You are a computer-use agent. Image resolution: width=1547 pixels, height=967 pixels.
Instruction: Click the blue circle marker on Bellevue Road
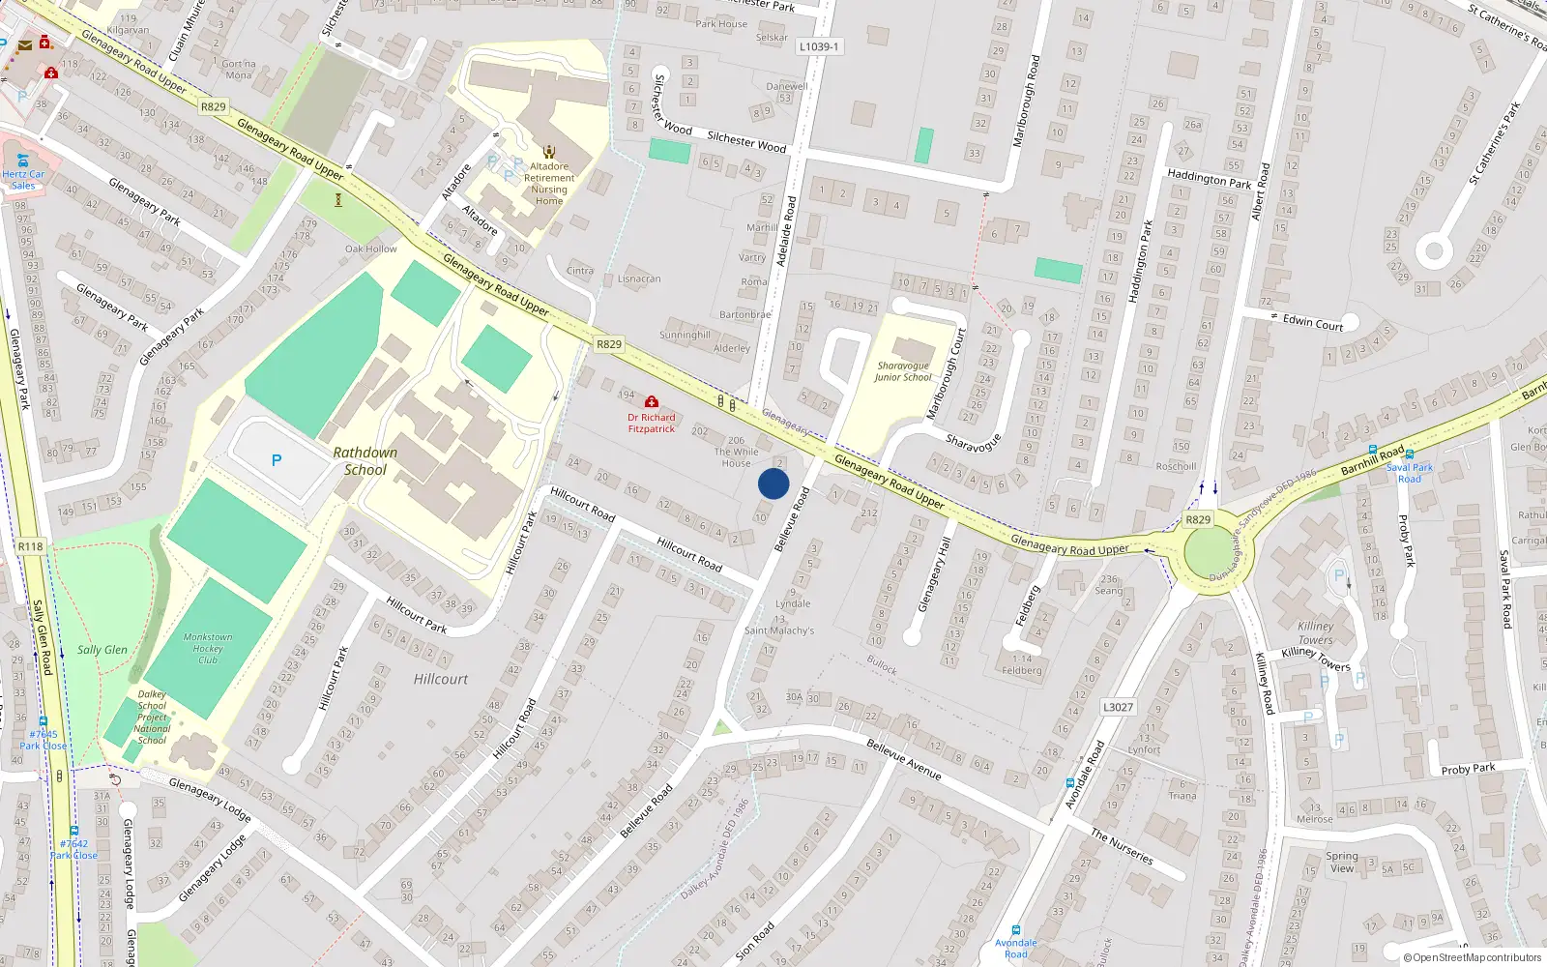point(773,483)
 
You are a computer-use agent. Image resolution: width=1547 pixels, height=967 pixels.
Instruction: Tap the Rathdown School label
point(365,461)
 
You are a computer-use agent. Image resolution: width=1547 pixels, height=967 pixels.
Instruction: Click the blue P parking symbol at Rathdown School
point(277,460)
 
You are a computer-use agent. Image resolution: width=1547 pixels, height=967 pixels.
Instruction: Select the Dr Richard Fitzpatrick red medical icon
point(652,401)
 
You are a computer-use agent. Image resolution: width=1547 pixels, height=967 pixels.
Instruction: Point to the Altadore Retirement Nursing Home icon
point(549,152)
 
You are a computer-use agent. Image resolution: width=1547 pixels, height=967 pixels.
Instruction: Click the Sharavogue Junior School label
point(903,371)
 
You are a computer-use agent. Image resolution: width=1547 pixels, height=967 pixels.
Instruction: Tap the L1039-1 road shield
point(819,46)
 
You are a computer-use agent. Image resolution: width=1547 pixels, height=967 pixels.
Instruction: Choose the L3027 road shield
point(1118,707)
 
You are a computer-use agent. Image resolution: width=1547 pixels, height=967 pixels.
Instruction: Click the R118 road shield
point(30,546)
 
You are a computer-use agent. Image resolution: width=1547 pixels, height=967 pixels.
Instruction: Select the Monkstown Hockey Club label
point(208,649)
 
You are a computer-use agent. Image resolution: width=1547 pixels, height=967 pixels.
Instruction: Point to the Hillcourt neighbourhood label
point(441,679)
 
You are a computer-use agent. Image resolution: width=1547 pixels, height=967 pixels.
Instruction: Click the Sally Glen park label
point(102,650)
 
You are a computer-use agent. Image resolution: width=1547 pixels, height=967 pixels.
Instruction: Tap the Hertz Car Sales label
point(23,180)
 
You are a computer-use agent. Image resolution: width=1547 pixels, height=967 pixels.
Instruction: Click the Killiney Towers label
point(1316,633)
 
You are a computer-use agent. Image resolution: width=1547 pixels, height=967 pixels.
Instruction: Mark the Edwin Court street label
point(1312,323)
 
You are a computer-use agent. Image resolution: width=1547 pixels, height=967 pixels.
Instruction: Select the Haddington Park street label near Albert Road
point(1209,179)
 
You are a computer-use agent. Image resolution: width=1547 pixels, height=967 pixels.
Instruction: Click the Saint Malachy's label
point(779,630)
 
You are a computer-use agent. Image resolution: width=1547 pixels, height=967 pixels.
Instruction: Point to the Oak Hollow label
point(371,249)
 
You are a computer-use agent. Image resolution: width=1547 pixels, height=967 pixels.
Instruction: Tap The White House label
point(736,457)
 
